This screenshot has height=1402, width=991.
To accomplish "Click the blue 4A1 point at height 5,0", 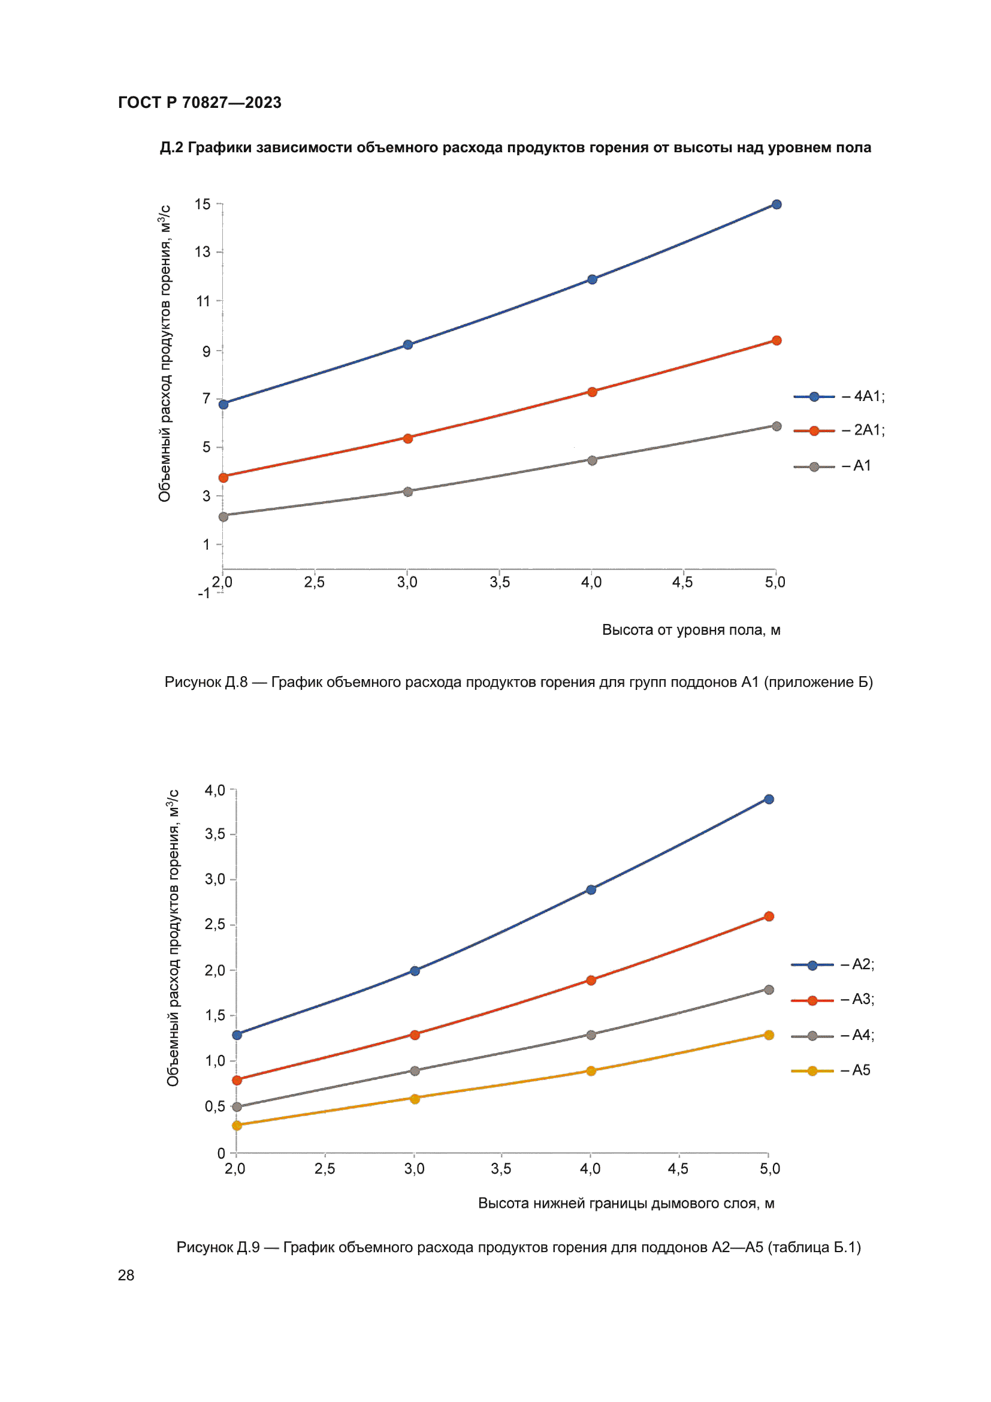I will [x=776, y=204].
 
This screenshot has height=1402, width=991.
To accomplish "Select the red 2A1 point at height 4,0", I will [x=592, y=391].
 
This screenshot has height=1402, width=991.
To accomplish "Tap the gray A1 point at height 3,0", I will [x=407, y=492].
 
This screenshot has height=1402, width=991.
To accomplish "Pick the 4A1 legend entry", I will [x=838, y=397].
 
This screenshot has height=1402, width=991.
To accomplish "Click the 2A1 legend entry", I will [x=838, y=430].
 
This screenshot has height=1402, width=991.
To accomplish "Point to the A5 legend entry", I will [x=830, y=1071].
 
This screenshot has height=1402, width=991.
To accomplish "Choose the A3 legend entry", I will [x=832, y=1000].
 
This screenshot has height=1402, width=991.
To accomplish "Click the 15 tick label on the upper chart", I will [x=203, y=204].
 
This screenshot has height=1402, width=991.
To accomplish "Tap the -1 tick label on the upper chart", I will [x=204, y=593].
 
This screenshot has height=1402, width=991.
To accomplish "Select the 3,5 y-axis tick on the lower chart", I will [x=215, y=834].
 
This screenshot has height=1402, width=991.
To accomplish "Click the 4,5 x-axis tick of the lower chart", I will [x=678, y=1169].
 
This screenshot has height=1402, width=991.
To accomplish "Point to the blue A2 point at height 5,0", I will [x=769, y=800].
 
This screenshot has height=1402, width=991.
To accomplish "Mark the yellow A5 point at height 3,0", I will [x=415, y=1099].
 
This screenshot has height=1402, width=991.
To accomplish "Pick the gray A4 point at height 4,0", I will [x=591, y=1035].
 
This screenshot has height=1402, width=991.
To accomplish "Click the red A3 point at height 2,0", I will [x=237, y=1080].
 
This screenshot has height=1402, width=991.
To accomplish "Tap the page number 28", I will [x=126, y=1275].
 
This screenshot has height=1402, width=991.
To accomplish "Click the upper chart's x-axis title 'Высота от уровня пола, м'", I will [x=691, y=630].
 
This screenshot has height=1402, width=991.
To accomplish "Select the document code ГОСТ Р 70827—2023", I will [x=200, y=102].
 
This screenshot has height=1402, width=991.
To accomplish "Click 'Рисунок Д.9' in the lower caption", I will [x=218, y=1247].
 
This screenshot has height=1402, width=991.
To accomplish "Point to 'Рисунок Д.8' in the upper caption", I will [x=206, y=682].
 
